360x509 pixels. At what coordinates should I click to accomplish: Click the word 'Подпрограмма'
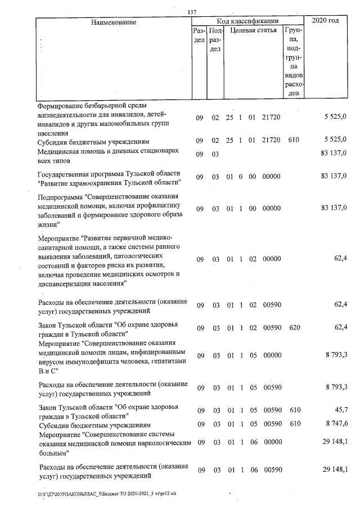tap(61, 197)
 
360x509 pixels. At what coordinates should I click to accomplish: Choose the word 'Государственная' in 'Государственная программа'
tap(65, 173)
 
